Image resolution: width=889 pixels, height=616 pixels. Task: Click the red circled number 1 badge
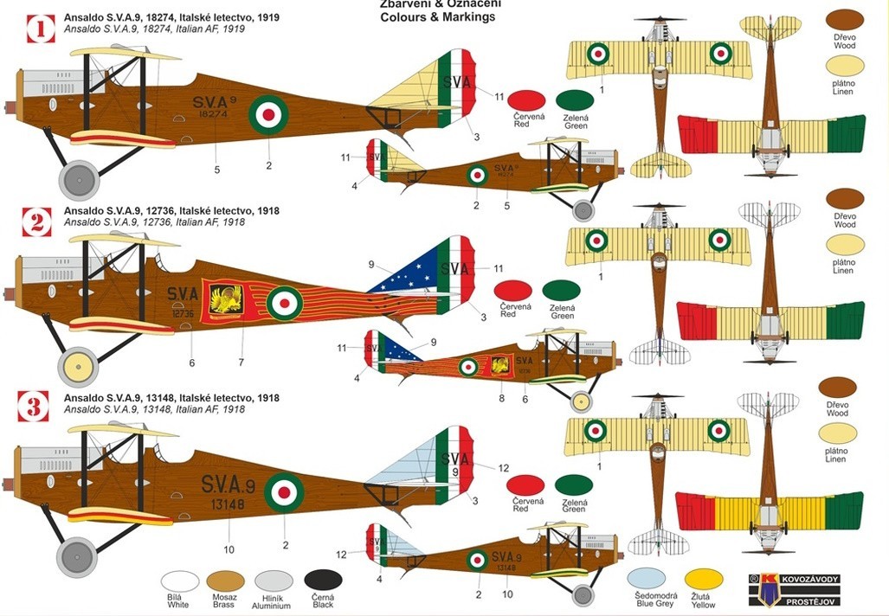[x=37, y=28]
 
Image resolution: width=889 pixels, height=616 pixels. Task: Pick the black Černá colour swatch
[x=323, y=580]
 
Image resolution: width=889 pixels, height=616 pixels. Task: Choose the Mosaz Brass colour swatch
[x=226, y=581]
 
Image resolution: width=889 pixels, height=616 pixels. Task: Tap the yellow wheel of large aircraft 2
[x=78, y=366]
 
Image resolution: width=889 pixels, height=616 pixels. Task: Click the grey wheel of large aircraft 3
[x=76, y=556]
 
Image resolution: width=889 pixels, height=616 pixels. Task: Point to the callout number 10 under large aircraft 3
[x=229, y=548]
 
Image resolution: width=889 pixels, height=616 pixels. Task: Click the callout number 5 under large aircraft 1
[x=217, y=170]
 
